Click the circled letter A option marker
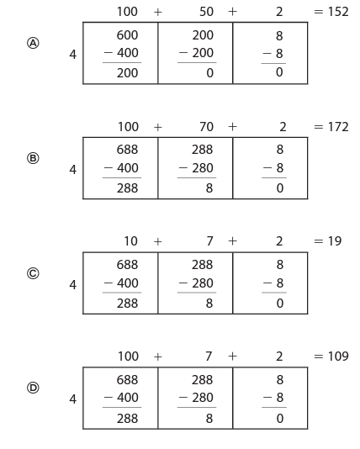tap(33, 43)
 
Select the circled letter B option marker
tap(33, 158)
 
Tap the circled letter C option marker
tap(33, 273)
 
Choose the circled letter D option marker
tap(33, 388)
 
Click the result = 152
tap(331, 12)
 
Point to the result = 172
tap(331, 127)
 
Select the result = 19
tap(328, 241)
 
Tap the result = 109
tap(331, 357)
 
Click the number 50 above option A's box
tap(206, 12)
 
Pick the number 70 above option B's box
tap(206, 127)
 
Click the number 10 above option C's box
tap(130, 241)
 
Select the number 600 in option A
tap(128, 35)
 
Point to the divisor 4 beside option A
tap(72, 55)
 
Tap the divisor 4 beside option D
tap(72, 399)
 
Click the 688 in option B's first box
tap(128, 150)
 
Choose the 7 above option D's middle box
tap(209, 357)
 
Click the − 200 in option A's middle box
tap(196, 53)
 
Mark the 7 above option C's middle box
tap(210, 241)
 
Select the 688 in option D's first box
tap(128, 380)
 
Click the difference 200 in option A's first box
tap(128, 73)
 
